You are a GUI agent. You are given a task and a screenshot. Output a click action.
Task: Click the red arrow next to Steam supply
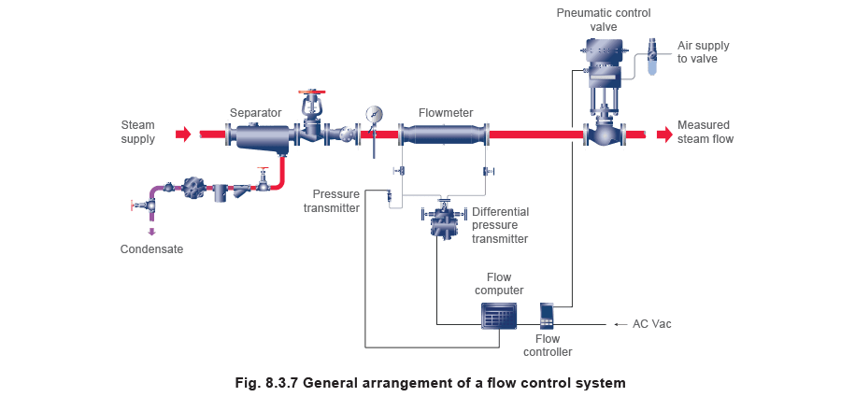(183, 134)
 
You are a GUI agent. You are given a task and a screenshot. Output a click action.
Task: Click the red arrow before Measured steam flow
(664, 134)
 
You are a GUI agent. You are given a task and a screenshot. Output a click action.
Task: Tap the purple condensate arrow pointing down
(151, 232)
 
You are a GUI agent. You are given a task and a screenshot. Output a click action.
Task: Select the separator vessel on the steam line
(262, 135)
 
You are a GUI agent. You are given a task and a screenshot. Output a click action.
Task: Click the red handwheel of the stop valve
(312, 92)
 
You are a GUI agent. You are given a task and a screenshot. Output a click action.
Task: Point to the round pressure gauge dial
(374, 114)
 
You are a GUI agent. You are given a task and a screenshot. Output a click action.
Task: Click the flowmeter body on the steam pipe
(443, 134)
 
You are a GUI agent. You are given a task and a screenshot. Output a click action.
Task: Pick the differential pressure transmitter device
(443, 220)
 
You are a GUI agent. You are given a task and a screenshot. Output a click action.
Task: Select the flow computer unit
(499, 315)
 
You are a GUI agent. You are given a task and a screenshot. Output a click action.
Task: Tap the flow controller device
(547, 315)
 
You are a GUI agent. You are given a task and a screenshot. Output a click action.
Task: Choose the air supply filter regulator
(653, 56)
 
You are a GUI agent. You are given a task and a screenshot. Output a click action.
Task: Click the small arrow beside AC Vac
(620, 324)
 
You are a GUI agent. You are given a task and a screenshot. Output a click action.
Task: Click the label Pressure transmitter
(332, 202)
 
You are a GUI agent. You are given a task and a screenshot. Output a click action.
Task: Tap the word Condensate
(151, 249)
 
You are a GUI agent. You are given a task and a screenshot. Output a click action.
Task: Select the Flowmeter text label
(446, 113)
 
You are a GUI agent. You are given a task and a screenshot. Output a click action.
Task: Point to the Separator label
(256, 113)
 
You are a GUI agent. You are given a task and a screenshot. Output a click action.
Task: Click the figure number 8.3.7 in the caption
(282, 383)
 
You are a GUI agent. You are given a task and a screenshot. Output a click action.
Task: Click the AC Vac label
(651, 323)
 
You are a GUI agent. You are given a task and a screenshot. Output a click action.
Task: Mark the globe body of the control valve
(604, 134)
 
